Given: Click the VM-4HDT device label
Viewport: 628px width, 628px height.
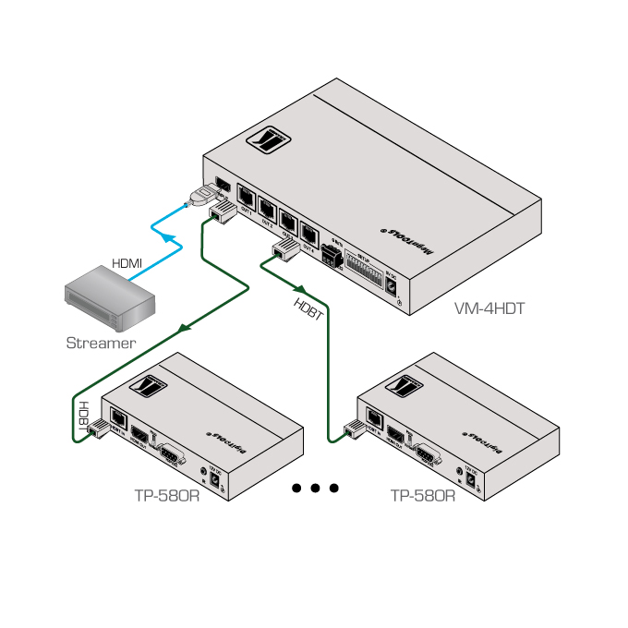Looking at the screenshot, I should point(489,308).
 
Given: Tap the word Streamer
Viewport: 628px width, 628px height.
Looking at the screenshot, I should point(101,343).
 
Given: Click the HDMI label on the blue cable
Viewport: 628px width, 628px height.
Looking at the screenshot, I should point(127,263).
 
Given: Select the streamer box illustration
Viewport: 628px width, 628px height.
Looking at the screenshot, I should point(106,297).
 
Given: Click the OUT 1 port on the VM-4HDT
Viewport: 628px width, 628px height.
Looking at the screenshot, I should point(248,197).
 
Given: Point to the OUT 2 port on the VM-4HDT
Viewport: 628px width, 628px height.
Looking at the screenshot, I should point(268,209).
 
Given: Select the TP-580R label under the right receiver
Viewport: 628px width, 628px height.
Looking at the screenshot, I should point(423,495).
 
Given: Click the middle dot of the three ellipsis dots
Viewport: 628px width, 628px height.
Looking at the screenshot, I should point(315,488).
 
